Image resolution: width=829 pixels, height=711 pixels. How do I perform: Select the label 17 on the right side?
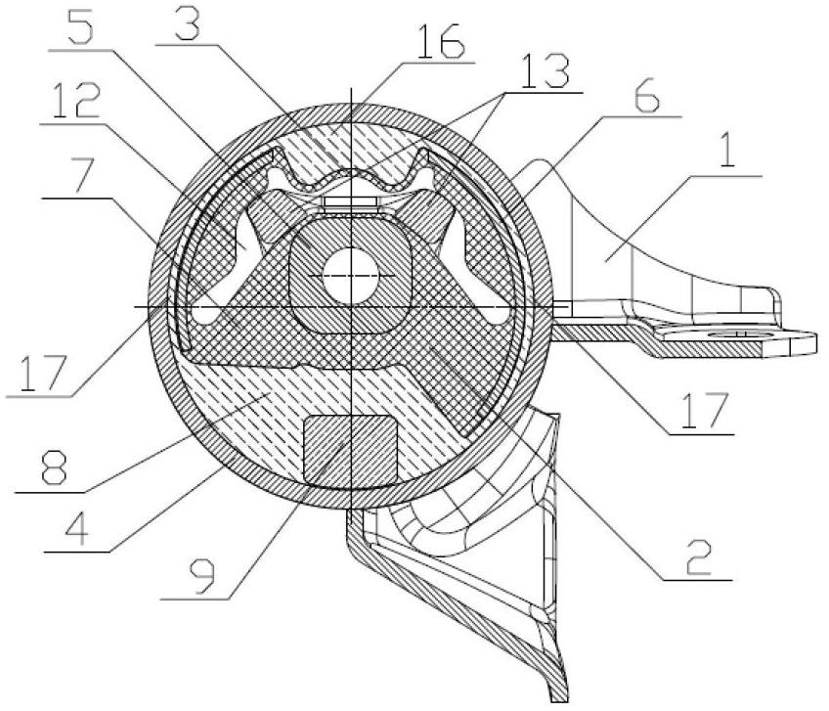[x=703, y=412]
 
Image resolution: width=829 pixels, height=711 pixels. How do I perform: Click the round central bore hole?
[x=351, y=275]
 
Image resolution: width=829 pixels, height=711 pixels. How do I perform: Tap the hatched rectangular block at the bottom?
[x=349, y=451]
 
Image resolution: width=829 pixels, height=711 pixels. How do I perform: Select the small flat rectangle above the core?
[x=350, y=202]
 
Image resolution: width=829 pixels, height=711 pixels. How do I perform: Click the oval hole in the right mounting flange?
[x=736, y=334]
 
